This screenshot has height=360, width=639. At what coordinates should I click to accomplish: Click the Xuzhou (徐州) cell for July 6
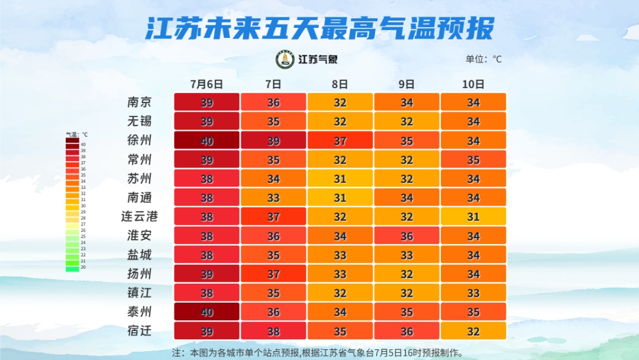click(206, 140)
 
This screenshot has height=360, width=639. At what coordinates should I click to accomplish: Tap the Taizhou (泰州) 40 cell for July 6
click(206, 311)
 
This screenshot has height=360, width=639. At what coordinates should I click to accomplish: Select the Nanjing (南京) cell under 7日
click(273, 102)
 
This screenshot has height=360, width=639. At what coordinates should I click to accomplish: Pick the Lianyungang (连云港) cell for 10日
click(473, 217)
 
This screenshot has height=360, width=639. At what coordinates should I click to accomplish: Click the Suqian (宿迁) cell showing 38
click(273, 330)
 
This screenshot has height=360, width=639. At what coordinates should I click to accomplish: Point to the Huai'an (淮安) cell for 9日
click(406, 236)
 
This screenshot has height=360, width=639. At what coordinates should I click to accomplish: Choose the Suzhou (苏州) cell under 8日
click(340, 178)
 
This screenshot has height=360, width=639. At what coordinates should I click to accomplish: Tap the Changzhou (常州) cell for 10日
click(473, 159)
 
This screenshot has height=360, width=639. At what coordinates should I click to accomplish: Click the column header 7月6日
click(206, 83)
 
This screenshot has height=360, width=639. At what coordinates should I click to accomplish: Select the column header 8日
click(340, 83)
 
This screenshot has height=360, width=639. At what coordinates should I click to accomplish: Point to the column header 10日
click(473, 83)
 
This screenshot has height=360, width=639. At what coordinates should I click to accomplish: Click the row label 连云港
click(140, 217)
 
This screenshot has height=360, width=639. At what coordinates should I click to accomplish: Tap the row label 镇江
click(140, 292)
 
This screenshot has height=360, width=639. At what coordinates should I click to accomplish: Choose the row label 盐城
click(140, 255)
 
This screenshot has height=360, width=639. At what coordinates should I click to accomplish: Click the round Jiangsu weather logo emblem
click(285, 59)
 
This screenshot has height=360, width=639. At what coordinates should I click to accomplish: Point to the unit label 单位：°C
click(483, 59)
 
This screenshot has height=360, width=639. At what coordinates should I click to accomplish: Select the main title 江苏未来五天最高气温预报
click(319, 28)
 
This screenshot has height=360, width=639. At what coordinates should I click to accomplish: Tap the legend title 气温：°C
click(76, 135)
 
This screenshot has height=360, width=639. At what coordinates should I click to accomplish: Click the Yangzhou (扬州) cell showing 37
click(273, 274)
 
